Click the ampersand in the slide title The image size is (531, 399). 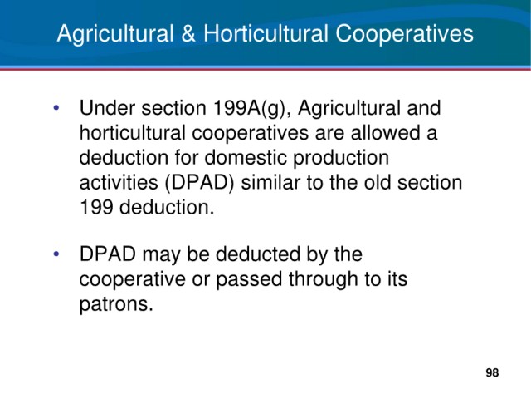tap(188, 33)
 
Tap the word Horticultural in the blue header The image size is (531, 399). tap(265, 33)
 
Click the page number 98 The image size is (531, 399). tap(492, 372)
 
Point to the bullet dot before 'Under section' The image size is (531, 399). tap(56, 108)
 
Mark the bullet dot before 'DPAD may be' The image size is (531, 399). tap(56, 254)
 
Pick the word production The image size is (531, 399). tap(341, 159)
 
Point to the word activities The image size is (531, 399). tap(119, 183)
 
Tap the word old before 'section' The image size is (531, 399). tap(378, 183)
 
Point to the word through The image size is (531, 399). tap(323, 280)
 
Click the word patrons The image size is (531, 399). tap(116, 305)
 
